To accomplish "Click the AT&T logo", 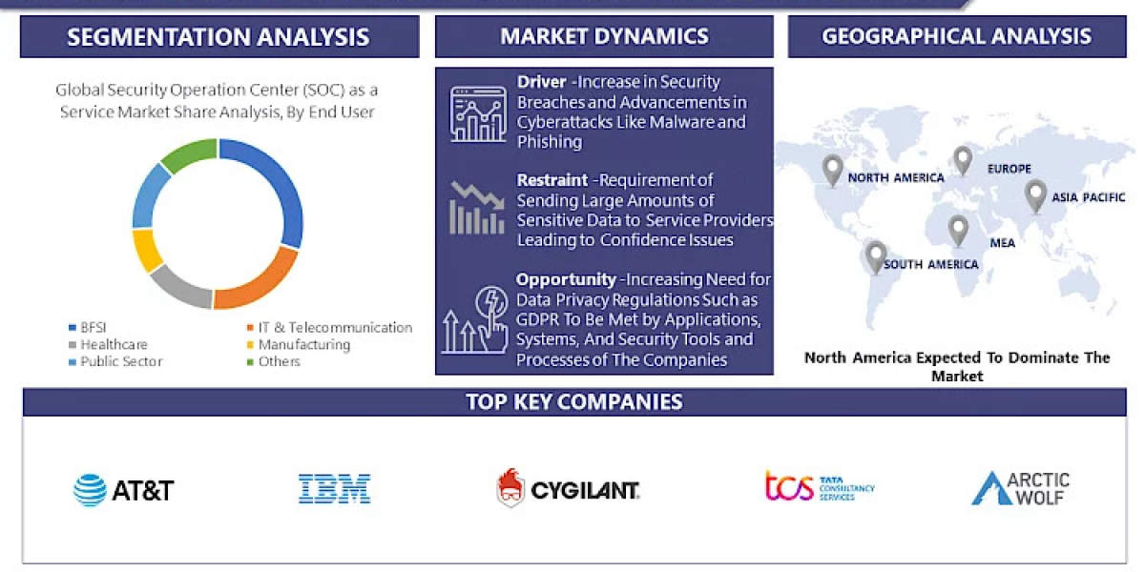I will [124, 490].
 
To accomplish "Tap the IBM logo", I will [334, 489].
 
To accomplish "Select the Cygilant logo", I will [568, 489].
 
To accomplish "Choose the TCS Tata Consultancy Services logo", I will [820, 486].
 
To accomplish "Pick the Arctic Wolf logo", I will [1020, 488].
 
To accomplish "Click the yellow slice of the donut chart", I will [147, 249].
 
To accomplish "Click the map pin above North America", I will [833, 171].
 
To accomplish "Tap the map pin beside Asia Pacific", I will [1035, 195].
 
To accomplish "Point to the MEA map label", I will [1002, 243].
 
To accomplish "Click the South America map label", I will [930, 264].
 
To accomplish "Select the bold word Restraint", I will [552, 180].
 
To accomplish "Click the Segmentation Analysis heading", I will [219, 37].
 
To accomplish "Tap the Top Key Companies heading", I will [574, 401].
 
